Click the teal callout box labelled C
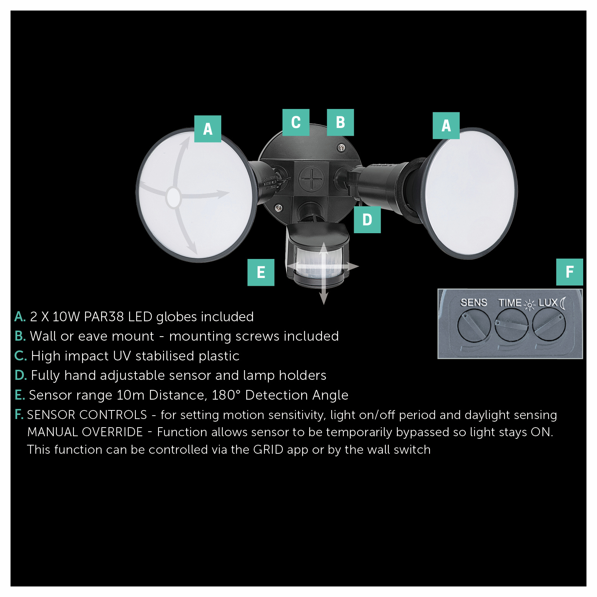tap(296, 122)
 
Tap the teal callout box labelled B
tap(340, 122)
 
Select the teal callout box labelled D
tap(367, 220)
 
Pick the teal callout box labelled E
tap(261, 272)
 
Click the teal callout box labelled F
tap(569, 272)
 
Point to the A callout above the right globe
tap(446, 126)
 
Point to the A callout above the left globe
tap(207, 129)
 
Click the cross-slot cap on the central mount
tap(311, 179)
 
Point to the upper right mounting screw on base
tap(341, 148)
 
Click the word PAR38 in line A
tap(104, 317)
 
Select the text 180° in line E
tap(226, 395)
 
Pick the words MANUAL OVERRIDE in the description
tap(85, 432)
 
